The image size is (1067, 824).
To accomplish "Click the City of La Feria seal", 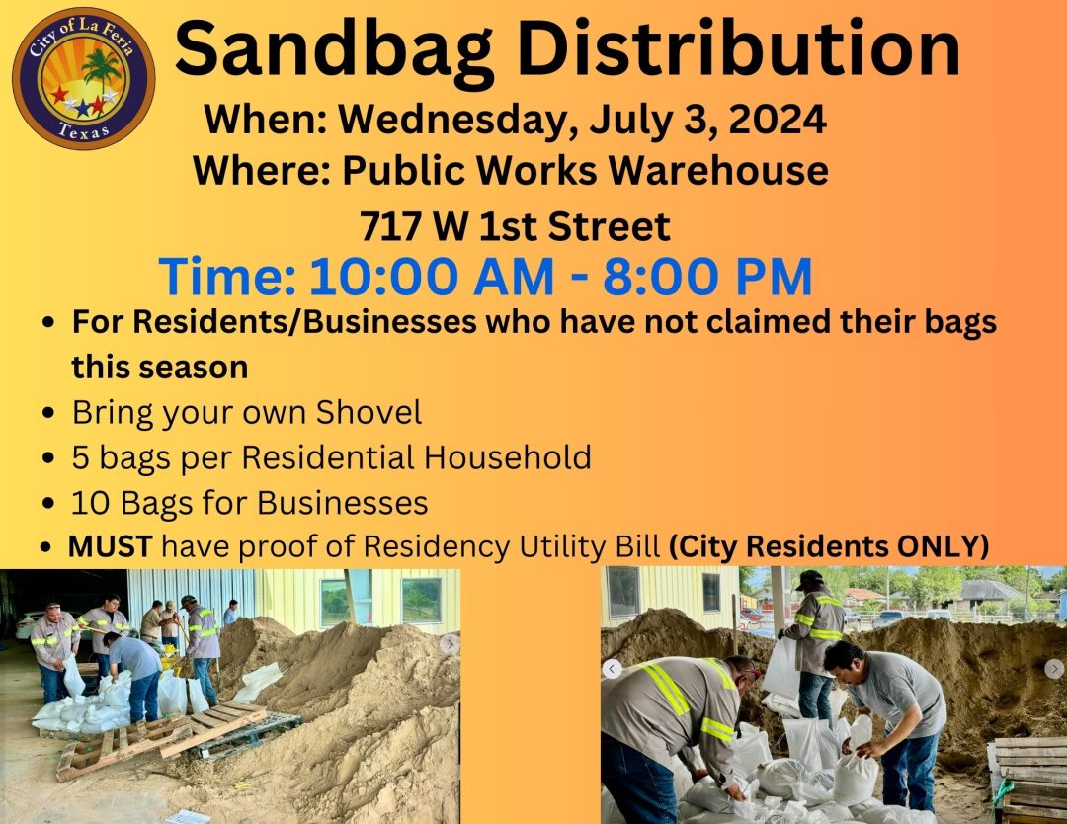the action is tap(83, 78).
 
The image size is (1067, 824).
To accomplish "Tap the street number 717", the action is tap(390, 226).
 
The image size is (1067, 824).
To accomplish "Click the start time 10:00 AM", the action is tap(432, 277).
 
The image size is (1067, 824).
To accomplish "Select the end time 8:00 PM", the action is tap(707, 277).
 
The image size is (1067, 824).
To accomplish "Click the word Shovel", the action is tap(369, 412).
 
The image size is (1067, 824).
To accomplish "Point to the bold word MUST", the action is tap(111, 546).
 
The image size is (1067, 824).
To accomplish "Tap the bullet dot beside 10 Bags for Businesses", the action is tap(47, 504).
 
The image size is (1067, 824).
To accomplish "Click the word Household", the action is tap(508, 456).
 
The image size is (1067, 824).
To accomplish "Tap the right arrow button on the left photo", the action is tap(450, 643).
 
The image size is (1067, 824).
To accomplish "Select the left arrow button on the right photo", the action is tap(612, 669).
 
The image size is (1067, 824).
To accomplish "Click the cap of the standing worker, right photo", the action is tap(810, 578).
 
